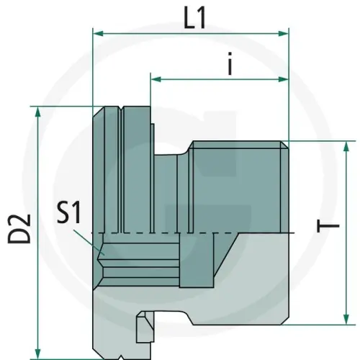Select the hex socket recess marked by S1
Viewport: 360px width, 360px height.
pos(137,259)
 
